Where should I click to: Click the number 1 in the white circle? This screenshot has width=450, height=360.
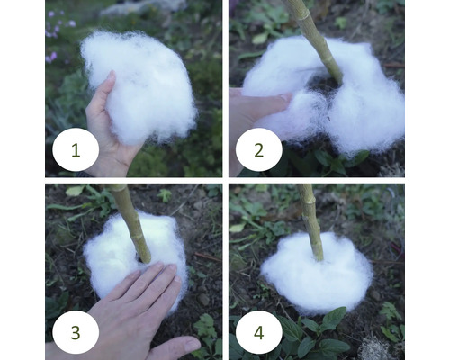tap(76, 150)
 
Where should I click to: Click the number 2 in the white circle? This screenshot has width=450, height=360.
tap(259, 150)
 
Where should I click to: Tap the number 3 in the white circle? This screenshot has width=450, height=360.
tap(76, 332)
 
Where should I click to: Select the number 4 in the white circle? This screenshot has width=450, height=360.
tap(259, 332)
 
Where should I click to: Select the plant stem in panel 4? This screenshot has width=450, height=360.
tap(311, 222)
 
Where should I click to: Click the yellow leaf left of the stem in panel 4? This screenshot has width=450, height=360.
tap(238, 228)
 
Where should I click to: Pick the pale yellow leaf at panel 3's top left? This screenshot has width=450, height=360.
tap(75, 191)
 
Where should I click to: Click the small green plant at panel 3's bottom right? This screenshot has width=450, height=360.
tap(205, 326)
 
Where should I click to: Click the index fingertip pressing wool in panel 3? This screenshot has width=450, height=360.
tap(158, 266)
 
